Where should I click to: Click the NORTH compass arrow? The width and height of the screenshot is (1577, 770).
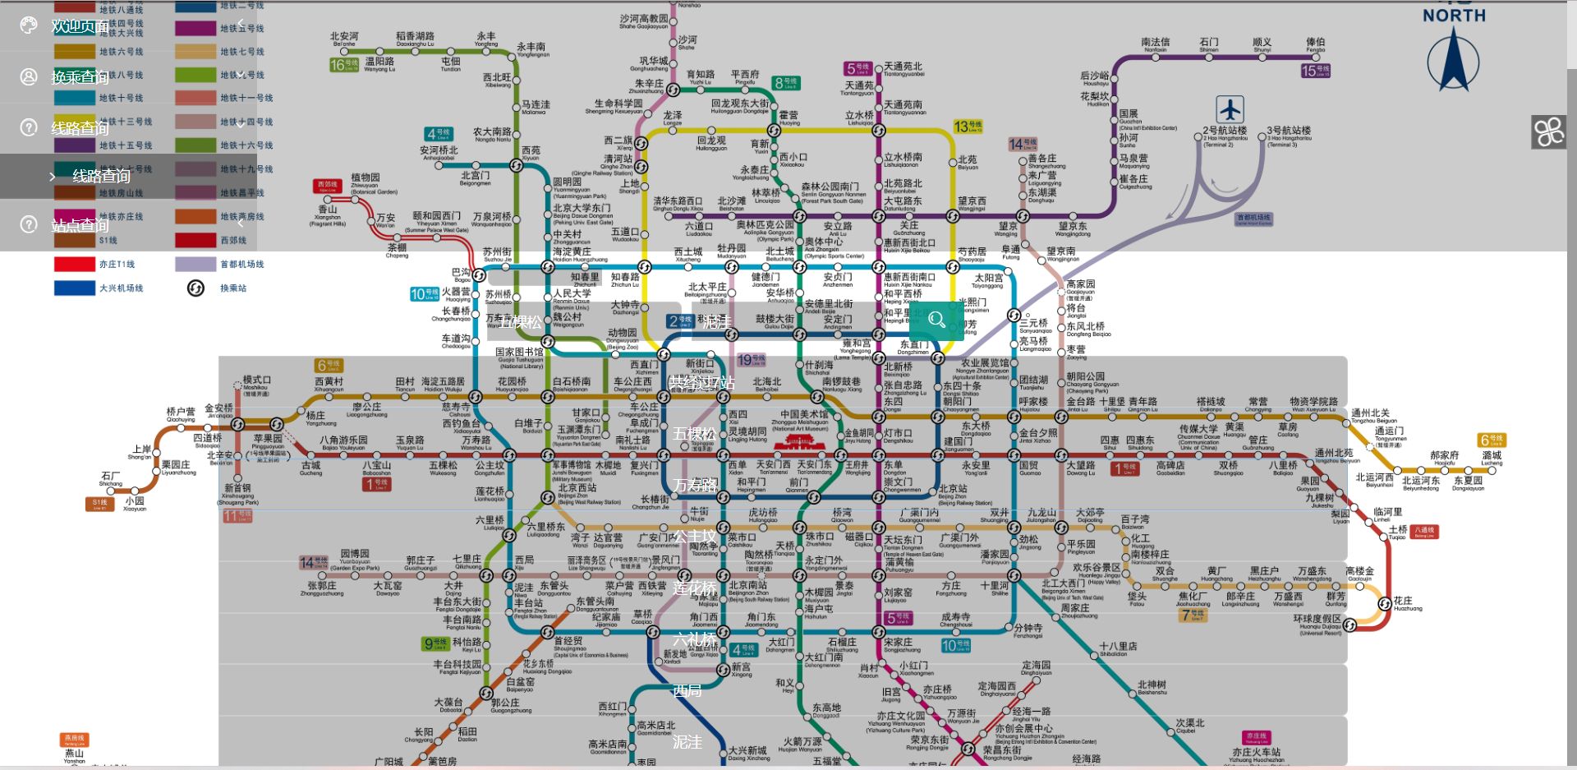pyautogui.click(x=1453, y=62)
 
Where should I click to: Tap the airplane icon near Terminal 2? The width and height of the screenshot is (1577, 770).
pyautogui.click(x=1230, y=108)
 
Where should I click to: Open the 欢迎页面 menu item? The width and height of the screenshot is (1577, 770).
pyautogui.click(x=80, y=26)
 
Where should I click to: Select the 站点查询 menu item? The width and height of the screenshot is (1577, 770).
pyautogui.click(x=80, y=225)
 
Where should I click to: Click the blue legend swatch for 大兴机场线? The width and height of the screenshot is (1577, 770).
pyautogui.click(x=75, y=288)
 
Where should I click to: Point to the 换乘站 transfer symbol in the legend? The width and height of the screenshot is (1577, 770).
pyautogui.click(x=195, y=288)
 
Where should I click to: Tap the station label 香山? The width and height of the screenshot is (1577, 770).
pyautogui.click(x=328, y=210)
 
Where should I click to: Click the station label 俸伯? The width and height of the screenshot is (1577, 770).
pyautogui.click(x=1315, y=42)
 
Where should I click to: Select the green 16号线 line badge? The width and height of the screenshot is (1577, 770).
pyautogui.click(x=344, y=64)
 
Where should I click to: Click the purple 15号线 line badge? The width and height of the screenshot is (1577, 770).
pyautogui.click(x=1315, y=71)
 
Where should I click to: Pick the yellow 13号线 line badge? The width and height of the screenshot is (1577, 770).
pyautogui.click(x=968, y=126)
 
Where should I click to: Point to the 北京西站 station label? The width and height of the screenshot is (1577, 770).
pyautogui.click(x=577, y=488)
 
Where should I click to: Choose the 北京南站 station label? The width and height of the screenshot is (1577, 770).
pyautogui.click(x=748, y=585)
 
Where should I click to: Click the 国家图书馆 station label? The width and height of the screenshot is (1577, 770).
pyautogui.click(x=519, y=352)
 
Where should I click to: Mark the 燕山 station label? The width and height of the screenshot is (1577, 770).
pyautogui.click(x=75, y=753)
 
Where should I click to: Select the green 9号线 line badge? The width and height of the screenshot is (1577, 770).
pyautogui.click(x=435, y=643)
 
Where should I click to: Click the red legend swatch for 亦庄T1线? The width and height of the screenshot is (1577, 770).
pyautogui.click(x=75, y=264)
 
